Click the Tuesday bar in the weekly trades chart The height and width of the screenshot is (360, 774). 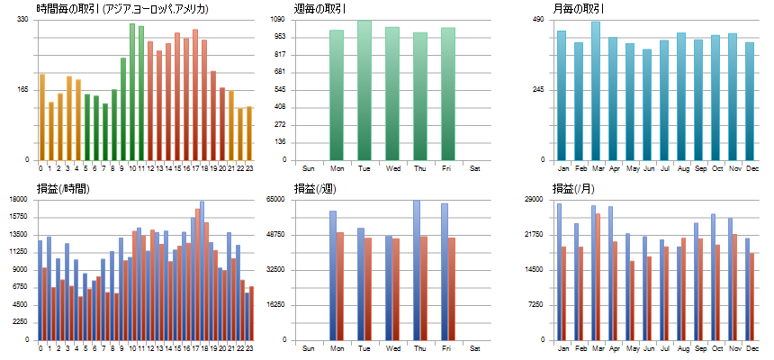364,90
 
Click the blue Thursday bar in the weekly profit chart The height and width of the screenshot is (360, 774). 417,270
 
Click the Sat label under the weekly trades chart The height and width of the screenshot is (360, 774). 475,168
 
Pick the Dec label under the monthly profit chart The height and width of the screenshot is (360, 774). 750,348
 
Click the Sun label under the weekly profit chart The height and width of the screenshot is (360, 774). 308,348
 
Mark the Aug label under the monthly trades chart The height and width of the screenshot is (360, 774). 682,168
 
